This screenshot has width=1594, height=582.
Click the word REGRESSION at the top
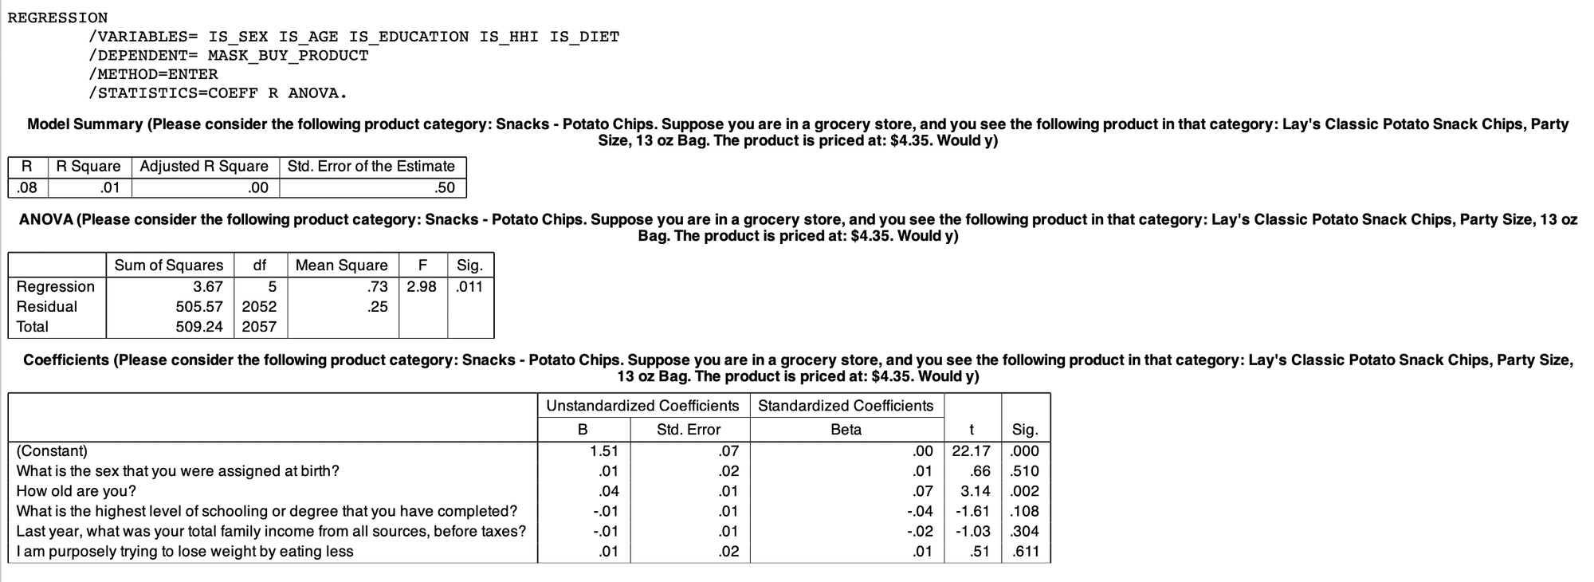point(57,18)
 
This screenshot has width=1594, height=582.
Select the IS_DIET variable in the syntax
point(584,37)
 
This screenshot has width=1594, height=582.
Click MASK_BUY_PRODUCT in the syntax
point(288,56)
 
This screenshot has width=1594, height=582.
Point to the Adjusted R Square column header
point(204,167)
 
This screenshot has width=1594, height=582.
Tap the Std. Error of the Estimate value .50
point(445,188)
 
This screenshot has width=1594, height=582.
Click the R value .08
point(26,188)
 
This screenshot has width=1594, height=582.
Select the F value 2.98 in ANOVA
point(422,286)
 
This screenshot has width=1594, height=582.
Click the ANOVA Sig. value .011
point(469,286)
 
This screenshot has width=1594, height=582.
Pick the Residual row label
point(47,307)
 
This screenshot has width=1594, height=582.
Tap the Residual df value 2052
point(259,307)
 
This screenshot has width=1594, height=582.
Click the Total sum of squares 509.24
point(199,327)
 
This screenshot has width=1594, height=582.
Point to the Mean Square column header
point(341,265)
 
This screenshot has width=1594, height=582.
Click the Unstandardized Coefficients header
point(642,406)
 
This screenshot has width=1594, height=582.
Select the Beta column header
point(846,430)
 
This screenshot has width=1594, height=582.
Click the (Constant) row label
point(52,451)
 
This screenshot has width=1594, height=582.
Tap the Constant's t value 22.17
point(971,451)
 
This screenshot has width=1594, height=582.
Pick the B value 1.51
point(604,451)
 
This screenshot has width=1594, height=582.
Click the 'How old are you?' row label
point(77,491)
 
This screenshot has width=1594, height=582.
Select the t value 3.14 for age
point(976,491)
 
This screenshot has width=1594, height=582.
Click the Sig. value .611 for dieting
point(1025,552)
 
